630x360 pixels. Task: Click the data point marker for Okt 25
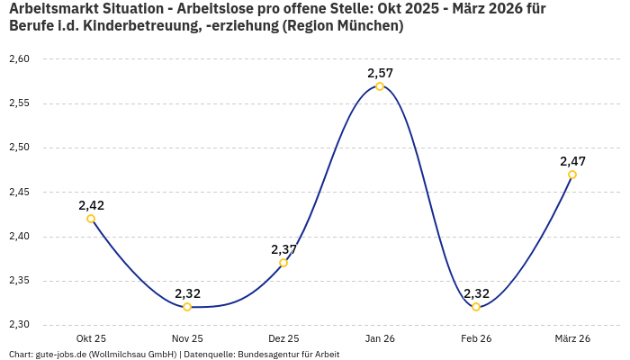point(91,219)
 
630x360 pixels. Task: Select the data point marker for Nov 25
point(187,307)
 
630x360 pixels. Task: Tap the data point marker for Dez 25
point(283,263)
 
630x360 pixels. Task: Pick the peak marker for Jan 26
point(380,86)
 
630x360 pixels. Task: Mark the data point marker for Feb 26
point(476,307)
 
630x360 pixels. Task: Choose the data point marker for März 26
point(572,175)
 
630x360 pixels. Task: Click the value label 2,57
point(380,73)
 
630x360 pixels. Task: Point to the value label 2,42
point(91,205)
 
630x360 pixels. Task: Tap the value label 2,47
point(572,161)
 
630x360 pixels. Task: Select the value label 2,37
point(283,249)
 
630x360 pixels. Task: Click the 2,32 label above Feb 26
point(476,293)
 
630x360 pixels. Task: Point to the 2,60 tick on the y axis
point(19,59)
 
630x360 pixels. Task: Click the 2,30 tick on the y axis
point(19,325)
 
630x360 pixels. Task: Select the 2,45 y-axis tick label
point(19,193)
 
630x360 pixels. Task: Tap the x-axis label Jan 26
point(380,338)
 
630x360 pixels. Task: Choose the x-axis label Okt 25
point(91,338)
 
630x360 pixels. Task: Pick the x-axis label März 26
point(572,338)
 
